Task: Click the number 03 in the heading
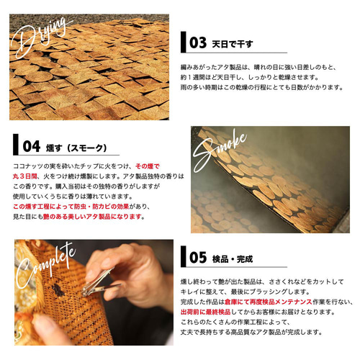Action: (198, 42)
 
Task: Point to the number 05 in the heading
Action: (198, 258)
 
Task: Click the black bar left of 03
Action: (184, 42)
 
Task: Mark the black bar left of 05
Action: (184, 258)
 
